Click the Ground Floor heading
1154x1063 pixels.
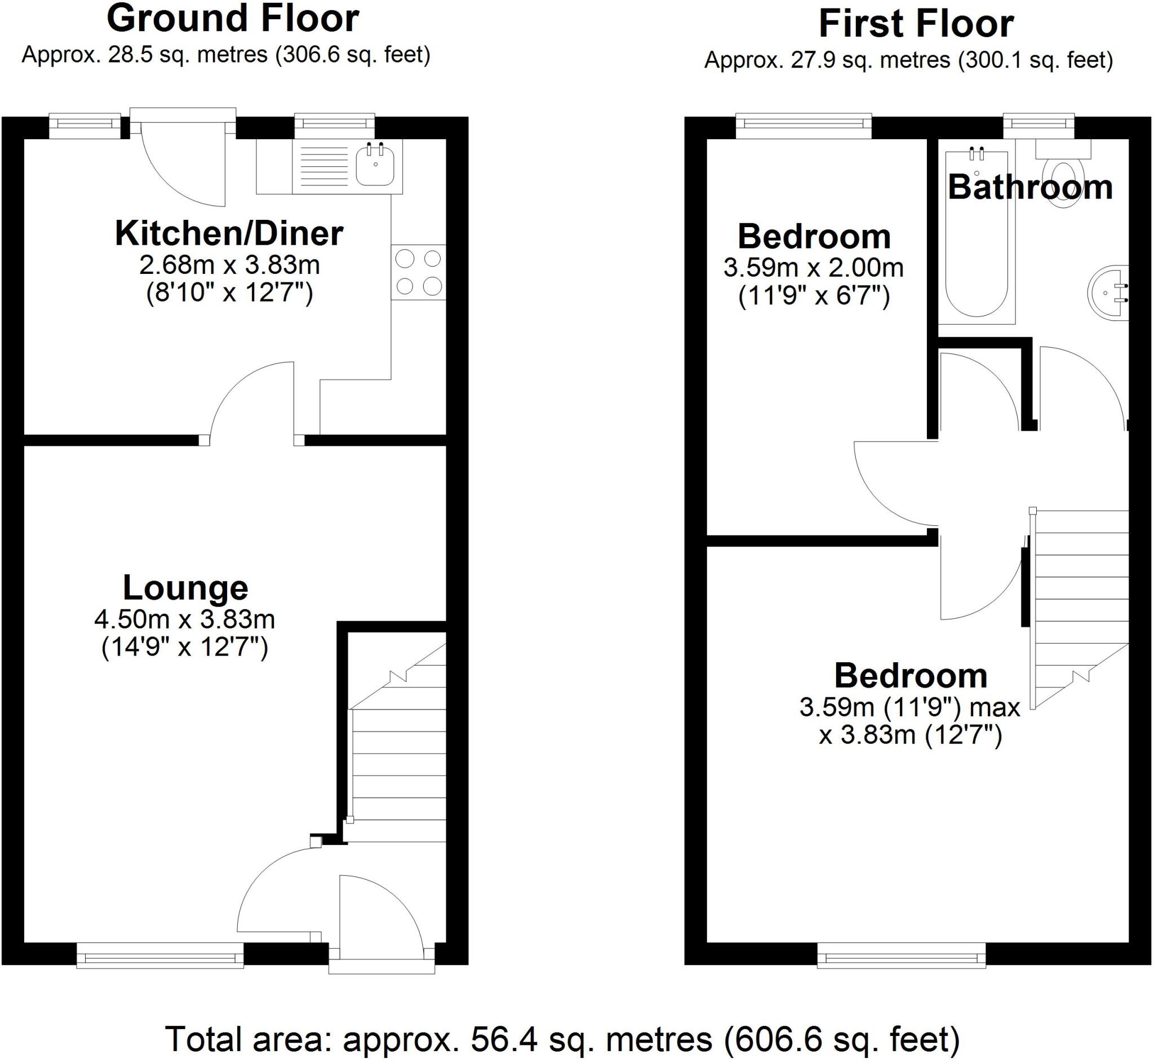(233, 19)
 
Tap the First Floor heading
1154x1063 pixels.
(916, 24)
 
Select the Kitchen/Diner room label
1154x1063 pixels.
(229, 233)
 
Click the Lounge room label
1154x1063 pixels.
(185, 588)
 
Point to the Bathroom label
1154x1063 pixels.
(1030, 188)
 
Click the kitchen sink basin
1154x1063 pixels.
(375, 166)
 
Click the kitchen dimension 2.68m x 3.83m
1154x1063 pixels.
(229, 265)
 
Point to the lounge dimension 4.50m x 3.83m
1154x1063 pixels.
(185, 619)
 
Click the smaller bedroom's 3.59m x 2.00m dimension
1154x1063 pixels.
(813, 268)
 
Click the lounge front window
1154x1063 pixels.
(160, 957)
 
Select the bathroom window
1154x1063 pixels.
(1038, 124)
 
